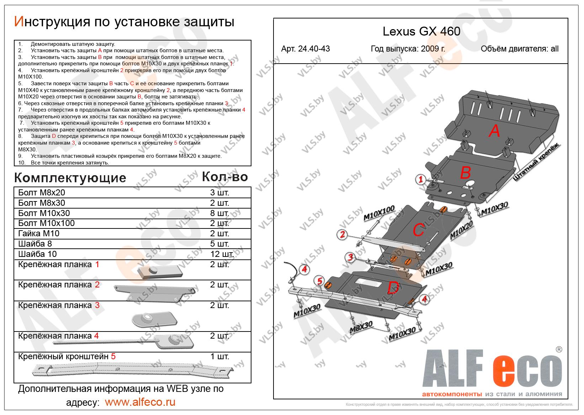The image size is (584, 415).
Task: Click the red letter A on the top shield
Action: (x=494, y=131)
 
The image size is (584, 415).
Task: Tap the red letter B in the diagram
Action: (x=465, y=173)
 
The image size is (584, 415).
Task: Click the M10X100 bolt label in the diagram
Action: (x=379, y=213)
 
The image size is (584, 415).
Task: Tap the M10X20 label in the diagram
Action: (x=462, y=230)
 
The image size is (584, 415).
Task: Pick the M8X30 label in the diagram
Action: (x=361, y=328)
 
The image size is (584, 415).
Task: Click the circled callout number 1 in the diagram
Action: (x=420, y=180)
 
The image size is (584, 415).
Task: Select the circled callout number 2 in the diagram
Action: (x=342, y=234)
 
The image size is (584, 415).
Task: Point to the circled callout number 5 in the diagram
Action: (x=319, y=281)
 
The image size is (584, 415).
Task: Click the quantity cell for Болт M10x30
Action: (x=219, y=213)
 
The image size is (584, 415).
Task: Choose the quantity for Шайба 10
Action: (x=222, y=254)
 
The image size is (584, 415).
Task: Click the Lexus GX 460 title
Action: (x=421, y=32)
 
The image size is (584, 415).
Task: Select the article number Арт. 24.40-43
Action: (x=305, y=49)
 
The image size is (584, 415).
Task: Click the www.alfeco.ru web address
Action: (x=140, y=402)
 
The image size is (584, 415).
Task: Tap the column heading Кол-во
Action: (x=224, y=177)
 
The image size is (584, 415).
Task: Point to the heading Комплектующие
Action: (x=70, y=178)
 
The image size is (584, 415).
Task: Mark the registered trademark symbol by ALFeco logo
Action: (x=559, y=349)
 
